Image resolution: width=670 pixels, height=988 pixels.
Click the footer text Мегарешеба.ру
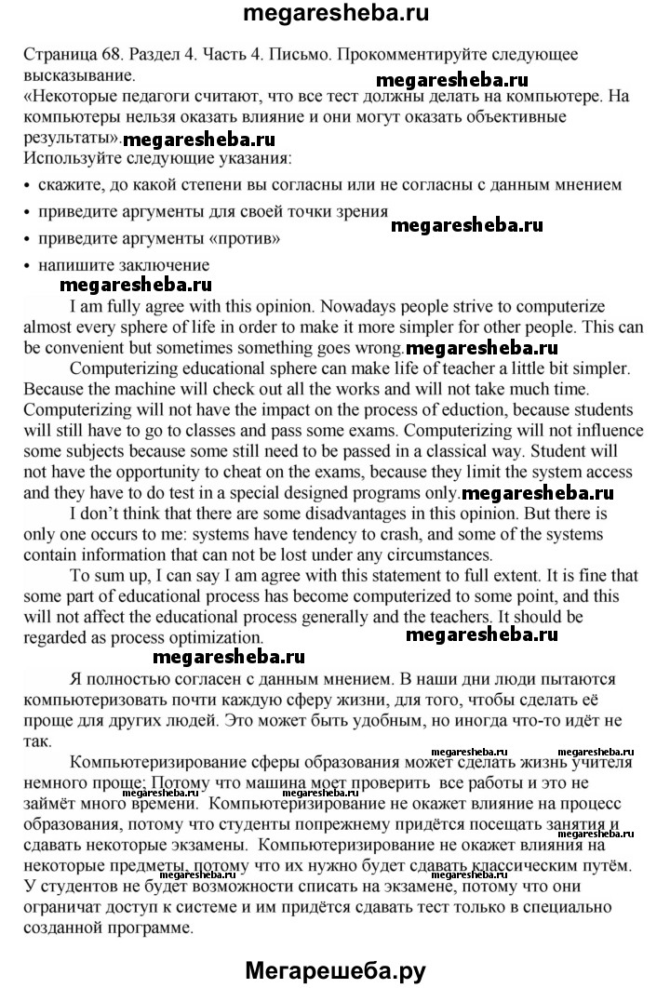tap(335, 970)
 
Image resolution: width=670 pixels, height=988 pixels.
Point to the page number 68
tap(110, 56)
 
